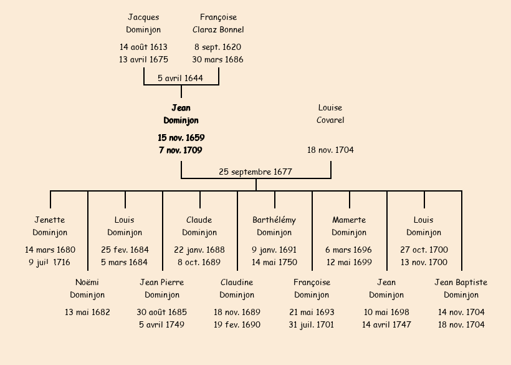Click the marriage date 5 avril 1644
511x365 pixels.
click(180, 78)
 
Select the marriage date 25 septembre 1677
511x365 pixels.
click(255, 172)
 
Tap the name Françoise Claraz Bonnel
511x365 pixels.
click(218, 24)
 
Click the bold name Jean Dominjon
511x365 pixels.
click(181, 114)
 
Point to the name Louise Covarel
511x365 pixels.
click(330, 114)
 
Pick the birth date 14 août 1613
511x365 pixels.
click(143, 47)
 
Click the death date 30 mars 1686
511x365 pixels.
click(217, 60)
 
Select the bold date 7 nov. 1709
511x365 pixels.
click(181, 150)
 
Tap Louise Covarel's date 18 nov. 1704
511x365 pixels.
click(330, 150)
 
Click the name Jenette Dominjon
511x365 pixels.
click(50, 226)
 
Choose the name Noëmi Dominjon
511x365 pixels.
click(87, 289)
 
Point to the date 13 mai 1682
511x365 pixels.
click(87, 312)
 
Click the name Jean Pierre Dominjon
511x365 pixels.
click(162, 289)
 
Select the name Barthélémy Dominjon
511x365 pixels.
click(274, 226)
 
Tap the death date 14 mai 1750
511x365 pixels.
click(274, 262)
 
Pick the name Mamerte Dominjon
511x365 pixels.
click(349, 226)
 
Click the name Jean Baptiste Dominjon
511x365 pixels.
click(461, 289)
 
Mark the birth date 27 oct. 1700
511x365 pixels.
click(424, 250)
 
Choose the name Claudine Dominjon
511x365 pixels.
click(237, 289)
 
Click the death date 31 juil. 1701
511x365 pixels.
click(312, 324)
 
